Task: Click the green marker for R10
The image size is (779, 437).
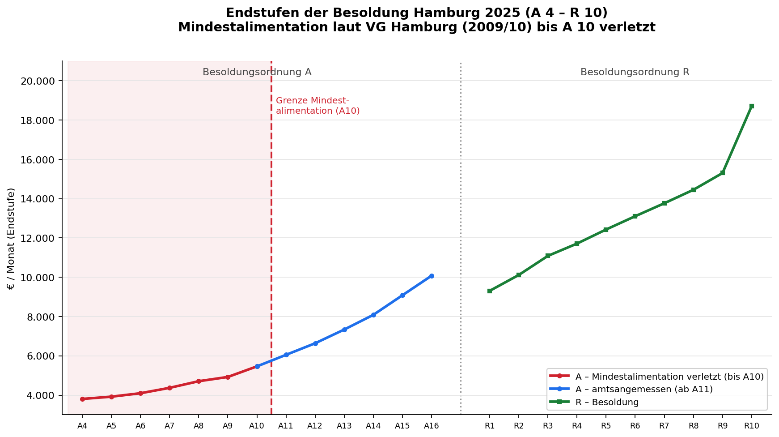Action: coord(751,106)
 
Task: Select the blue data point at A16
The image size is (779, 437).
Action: coord(432,276)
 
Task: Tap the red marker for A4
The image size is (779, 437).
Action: coord(82,399)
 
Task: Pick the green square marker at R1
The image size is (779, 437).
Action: coord(490,291)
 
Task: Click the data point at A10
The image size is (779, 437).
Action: coord(257,366)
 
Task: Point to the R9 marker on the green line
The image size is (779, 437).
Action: coord(722,173)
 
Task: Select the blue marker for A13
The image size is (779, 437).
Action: coord(344,330)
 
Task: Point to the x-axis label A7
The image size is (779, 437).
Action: coord(169,426)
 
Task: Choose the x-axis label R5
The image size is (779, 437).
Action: coord(606,426)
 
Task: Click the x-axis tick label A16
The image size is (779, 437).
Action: coord(432,426)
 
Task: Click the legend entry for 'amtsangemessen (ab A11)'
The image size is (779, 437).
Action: coord(631,390)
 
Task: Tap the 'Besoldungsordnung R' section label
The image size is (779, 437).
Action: coord(635,72)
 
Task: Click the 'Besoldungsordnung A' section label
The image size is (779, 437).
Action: coord(257,72)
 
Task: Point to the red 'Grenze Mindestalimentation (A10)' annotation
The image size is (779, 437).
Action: coord(318,106)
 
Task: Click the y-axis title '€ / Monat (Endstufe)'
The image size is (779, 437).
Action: coord(11,238)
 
